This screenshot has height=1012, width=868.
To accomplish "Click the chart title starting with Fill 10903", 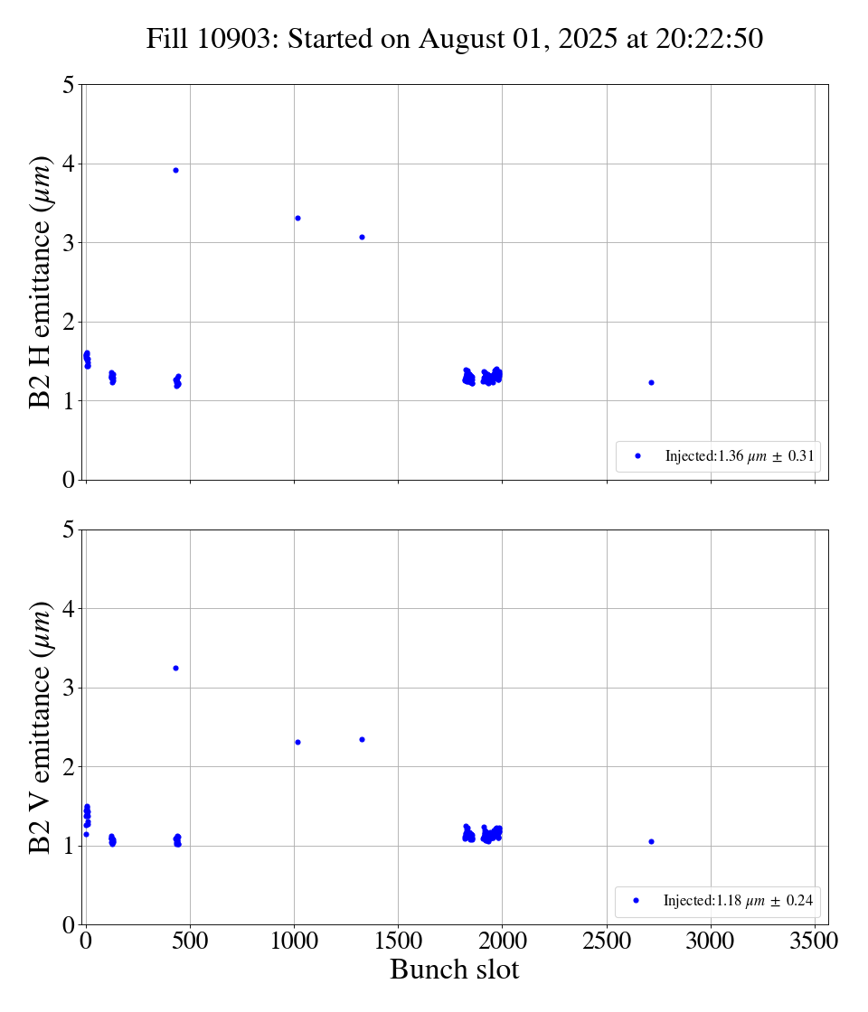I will point(455,40).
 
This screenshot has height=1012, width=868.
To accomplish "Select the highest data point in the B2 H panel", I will point(175,170).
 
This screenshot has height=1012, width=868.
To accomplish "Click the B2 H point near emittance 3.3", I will point(297,218).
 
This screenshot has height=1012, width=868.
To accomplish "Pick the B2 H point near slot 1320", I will point(362,237).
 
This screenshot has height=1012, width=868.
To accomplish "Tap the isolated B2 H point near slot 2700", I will point(651,382).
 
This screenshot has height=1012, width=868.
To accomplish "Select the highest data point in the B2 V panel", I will point(175,668).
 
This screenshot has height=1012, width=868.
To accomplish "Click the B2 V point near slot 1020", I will point(297,742).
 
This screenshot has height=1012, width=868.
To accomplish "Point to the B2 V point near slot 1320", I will point(362,739).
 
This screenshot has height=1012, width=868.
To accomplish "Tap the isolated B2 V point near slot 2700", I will point(651,841).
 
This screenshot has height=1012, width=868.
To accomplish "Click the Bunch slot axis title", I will point(455,970).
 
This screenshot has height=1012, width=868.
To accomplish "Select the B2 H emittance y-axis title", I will point(41,282).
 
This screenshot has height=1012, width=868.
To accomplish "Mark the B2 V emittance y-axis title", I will point(41,726).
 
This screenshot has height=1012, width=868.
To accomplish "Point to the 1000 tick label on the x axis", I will point(294,942).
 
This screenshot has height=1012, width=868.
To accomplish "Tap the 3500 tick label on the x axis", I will point(815,942).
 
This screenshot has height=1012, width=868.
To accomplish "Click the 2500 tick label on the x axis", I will point(607,942).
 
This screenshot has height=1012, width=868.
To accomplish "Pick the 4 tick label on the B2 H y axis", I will point(68,164).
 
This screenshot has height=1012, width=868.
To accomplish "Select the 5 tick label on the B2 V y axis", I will point(68,530).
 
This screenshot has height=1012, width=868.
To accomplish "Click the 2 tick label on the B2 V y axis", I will point(68,767).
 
